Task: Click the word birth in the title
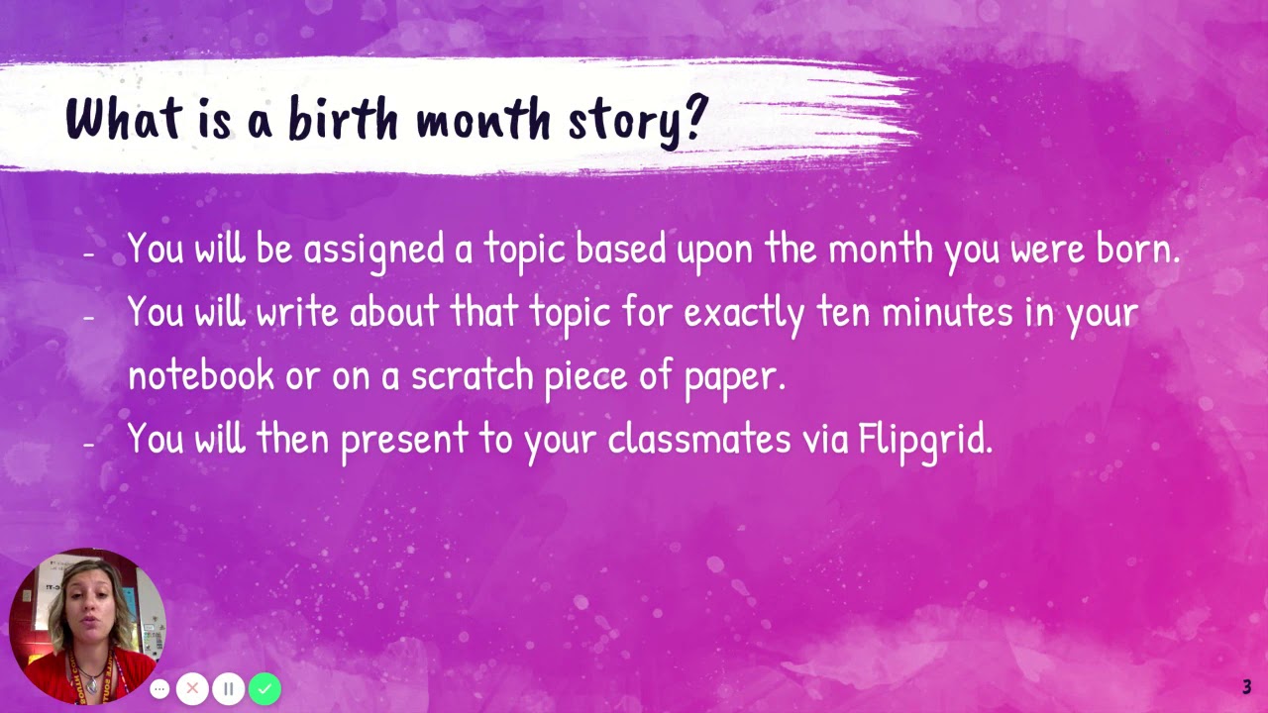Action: (344, 119)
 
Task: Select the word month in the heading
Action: (482, 119)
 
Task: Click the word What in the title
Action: (124, 119)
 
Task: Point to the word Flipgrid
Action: (925, 438)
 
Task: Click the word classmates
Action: (699, 438)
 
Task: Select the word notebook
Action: (201, 374)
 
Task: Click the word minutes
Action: (947, 312)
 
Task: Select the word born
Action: (1137, 250)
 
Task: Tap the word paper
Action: (734, 376)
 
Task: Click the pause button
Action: (228, 688)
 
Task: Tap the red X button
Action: (192, 688)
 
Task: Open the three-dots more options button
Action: (159, 688)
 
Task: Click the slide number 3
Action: (1247, 687)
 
